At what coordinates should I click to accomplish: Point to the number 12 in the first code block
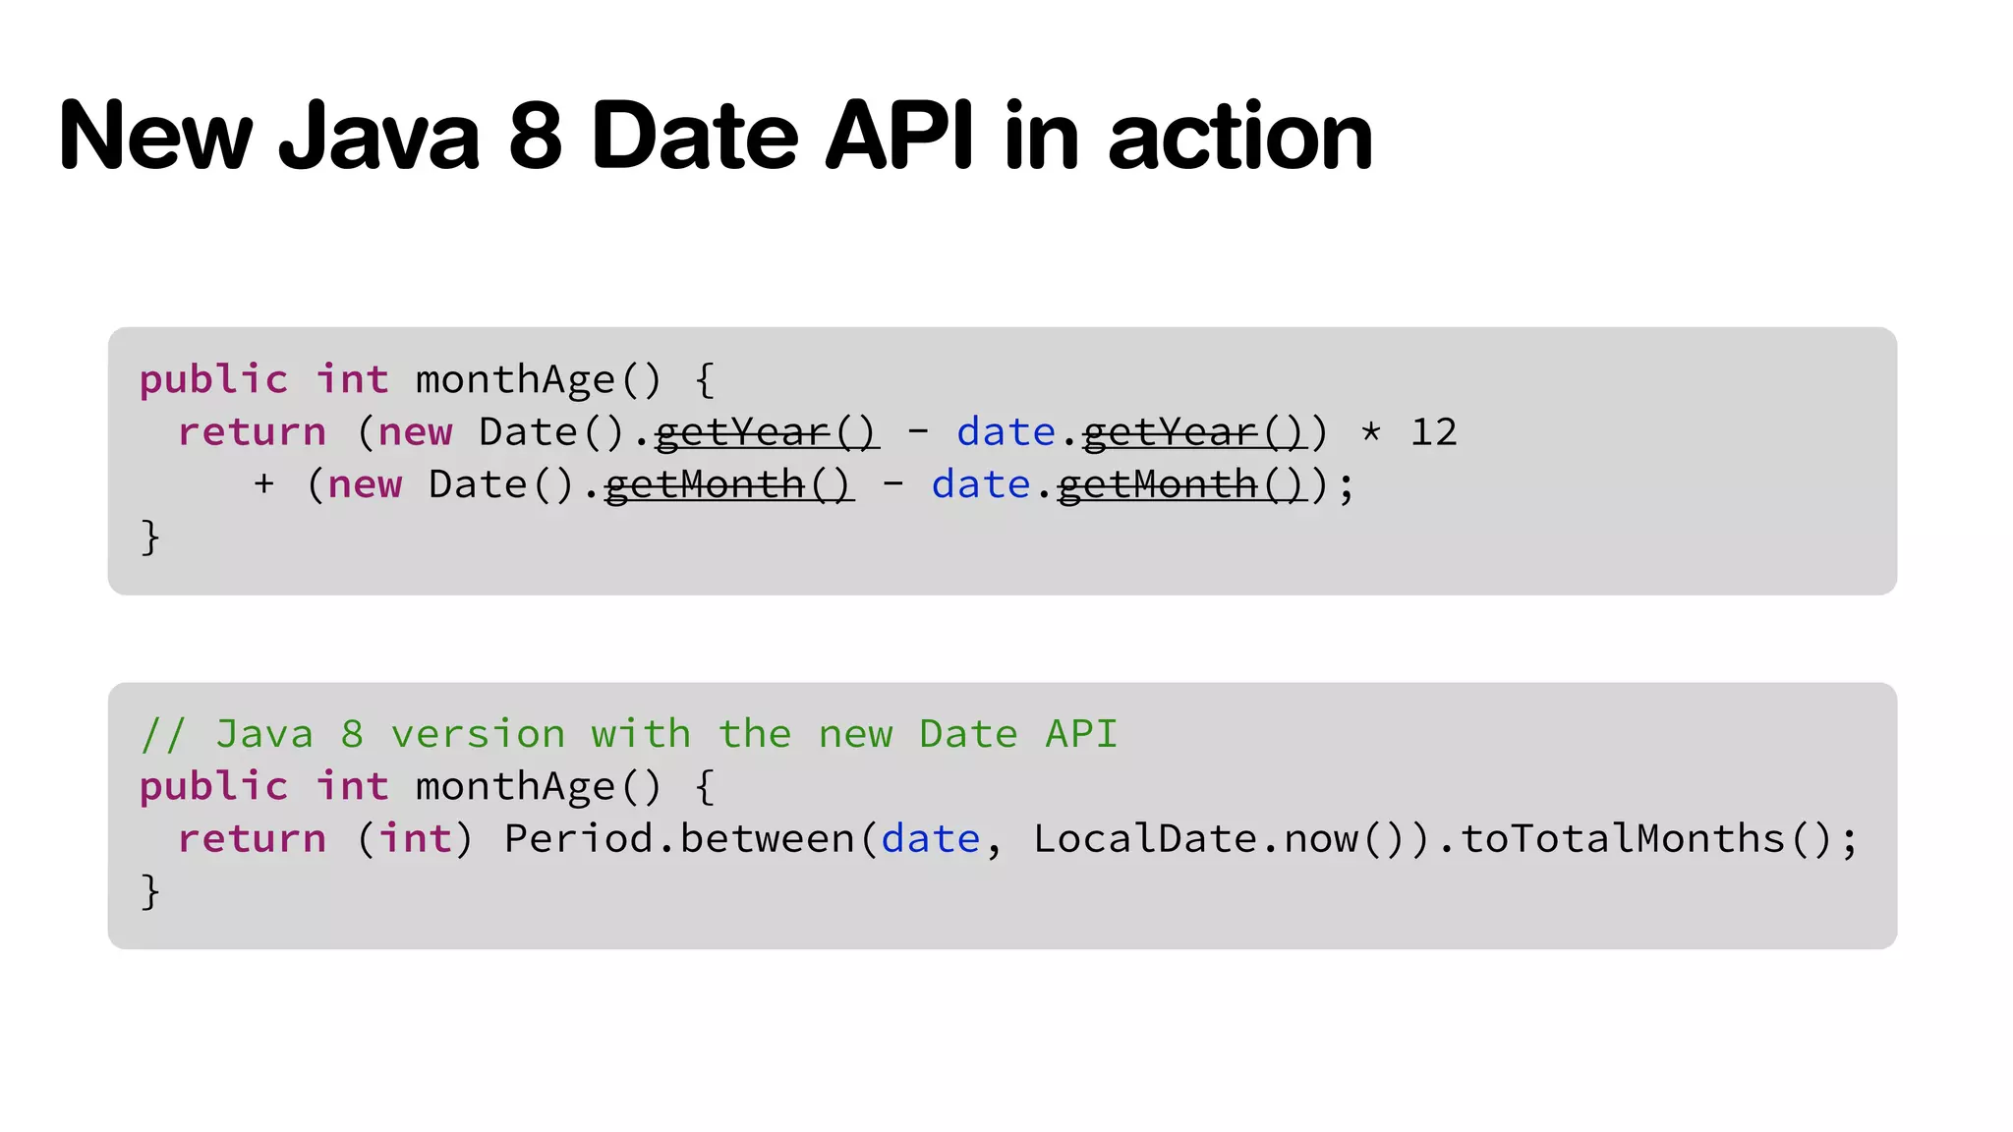click(x=1433, y=432)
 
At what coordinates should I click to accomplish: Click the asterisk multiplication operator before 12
click(x=1371, y=432)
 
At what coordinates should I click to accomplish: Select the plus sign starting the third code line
click(x=263, y=484)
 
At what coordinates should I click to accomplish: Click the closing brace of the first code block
click(x=149, y=538)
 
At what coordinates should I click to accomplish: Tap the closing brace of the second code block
click(x=149, y=891)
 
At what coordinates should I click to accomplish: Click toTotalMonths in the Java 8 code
click(x=1622, y=839)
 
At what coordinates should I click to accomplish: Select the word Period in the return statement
click(x=578, y=839)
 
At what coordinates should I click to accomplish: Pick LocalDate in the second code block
click(x=1145, y=839)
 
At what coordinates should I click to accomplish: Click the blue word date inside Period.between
click(x=930, y=839)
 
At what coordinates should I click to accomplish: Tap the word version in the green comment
click(x=478, y=734)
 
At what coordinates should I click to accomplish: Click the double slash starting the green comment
click(x=162, y=734)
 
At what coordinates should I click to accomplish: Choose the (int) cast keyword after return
click(x=415, y=839)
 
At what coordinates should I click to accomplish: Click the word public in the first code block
click(x=213, y=380)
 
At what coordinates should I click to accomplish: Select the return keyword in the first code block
click(x=252, y=432)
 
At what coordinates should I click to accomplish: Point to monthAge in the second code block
click(x=515, y=787)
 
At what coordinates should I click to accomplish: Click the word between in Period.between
click(x=768, y=839)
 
